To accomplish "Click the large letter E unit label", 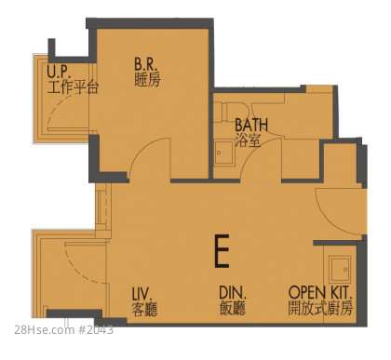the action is pos(222,251).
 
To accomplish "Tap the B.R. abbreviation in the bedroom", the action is pos(146,64).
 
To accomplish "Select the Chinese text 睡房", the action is pos(147,80).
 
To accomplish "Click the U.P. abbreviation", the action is pos(59,72).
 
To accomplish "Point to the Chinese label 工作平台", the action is pos(73,87).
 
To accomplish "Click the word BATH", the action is pos(251,125).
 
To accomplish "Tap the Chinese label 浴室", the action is pos(248,140).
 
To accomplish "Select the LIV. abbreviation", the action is pos(142,293).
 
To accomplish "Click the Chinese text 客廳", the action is pos(144,309).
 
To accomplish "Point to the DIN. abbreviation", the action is pos(233,293).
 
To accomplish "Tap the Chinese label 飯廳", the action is pos(233,308).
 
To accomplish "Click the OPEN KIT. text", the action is pos(320,292).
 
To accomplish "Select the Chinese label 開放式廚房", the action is pos(320,308).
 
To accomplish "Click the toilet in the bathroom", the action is pos(236,112).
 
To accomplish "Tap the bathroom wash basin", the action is pos(223,153).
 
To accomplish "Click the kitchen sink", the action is pos(340,269).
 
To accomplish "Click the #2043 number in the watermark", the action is pos(95,329).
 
